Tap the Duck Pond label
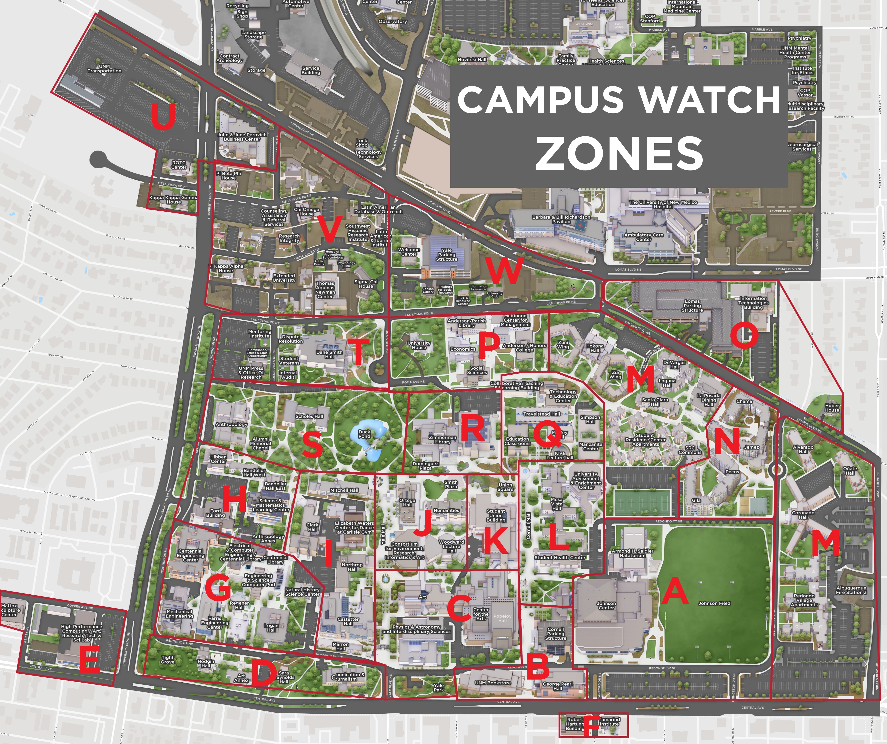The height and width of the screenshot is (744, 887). click(364, 434)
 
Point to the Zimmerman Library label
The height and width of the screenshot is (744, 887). click(442, 439)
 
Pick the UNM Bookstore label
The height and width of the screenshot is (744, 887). click(493, 682)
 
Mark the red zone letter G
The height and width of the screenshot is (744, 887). click(218, 587)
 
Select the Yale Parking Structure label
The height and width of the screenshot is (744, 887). click(447, 255)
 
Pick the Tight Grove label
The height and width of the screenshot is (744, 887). click(167, 659)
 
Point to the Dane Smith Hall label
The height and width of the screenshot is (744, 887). click(329, 354)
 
